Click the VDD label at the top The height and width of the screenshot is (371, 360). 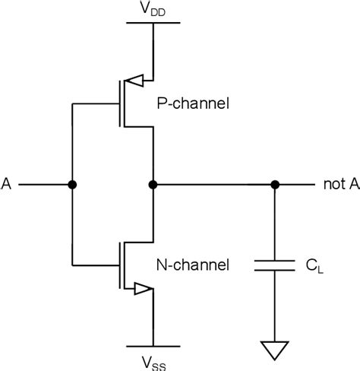point(153,8)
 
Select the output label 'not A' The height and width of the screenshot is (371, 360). point(339,185)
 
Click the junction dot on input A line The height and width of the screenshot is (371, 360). point(72,185)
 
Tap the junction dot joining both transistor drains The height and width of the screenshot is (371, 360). point(153,185)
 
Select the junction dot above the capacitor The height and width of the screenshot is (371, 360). point(275,185)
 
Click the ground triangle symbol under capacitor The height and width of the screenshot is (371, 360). point(275,350)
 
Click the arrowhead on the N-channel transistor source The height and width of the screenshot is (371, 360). point(141,289)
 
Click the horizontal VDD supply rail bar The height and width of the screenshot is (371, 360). point(153,24)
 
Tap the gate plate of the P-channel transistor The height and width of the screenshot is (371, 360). point(113,104)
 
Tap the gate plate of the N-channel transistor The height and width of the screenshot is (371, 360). point(113,265)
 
